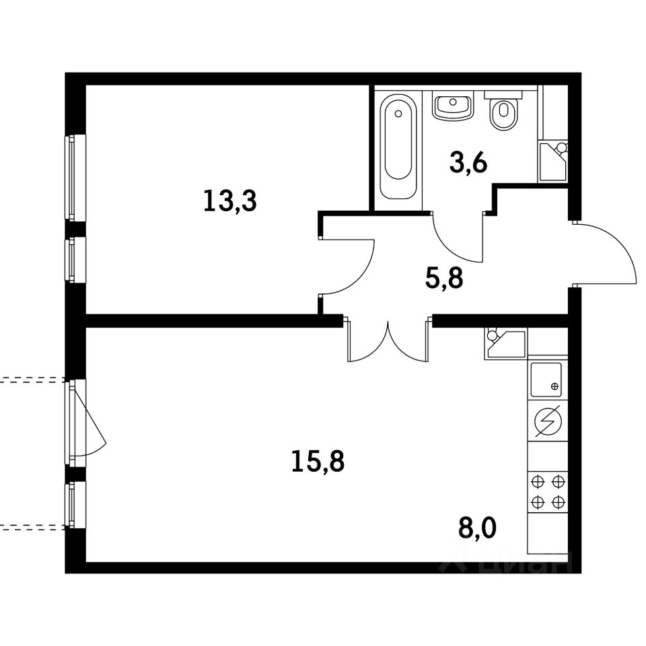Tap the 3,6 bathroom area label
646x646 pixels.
(468, 162)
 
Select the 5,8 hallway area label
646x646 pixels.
(444, 279)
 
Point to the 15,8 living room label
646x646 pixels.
(318, 462)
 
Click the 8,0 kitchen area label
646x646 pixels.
(478, 528)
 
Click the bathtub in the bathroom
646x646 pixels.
(398, 147)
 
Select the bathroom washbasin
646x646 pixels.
(453, 106)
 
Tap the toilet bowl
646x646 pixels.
(503, 112)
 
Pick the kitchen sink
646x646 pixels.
(546, 380)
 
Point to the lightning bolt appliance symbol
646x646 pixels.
(548, 421)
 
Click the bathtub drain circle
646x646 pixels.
(398, 113)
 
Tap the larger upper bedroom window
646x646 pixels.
(75, 178)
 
